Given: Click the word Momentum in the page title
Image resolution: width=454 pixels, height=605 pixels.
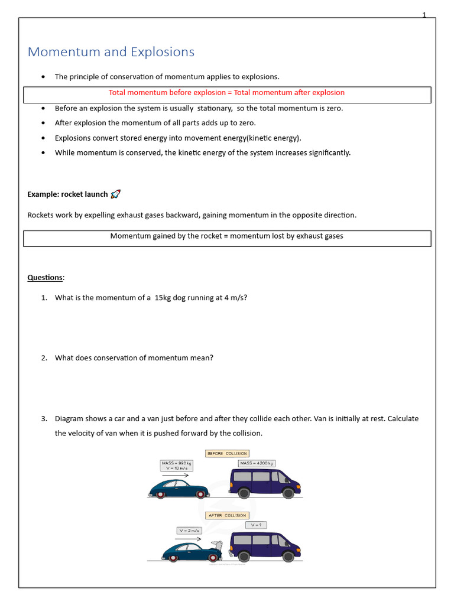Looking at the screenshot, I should point(57,52).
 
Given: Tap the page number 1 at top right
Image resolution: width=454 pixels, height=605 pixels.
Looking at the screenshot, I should point(424,15).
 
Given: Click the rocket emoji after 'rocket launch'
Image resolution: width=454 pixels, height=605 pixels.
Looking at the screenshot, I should point(116,194).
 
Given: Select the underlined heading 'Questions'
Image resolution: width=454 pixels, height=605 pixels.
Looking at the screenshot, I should point(45,277).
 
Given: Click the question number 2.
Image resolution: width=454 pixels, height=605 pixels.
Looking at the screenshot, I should point(44,357).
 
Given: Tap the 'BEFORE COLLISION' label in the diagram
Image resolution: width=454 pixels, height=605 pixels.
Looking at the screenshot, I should point(227,454).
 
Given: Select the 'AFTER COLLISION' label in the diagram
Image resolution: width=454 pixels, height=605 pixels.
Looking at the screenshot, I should point(227,515).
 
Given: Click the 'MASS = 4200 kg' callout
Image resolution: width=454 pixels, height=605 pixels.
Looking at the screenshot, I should point(257,464).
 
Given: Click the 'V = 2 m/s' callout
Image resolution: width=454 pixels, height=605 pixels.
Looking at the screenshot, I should point(189,531).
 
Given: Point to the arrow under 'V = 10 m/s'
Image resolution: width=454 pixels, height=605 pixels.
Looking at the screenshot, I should point(175,474).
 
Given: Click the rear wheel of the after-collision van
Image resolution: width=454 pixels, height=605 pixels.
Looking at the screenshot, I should point(243,556).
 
